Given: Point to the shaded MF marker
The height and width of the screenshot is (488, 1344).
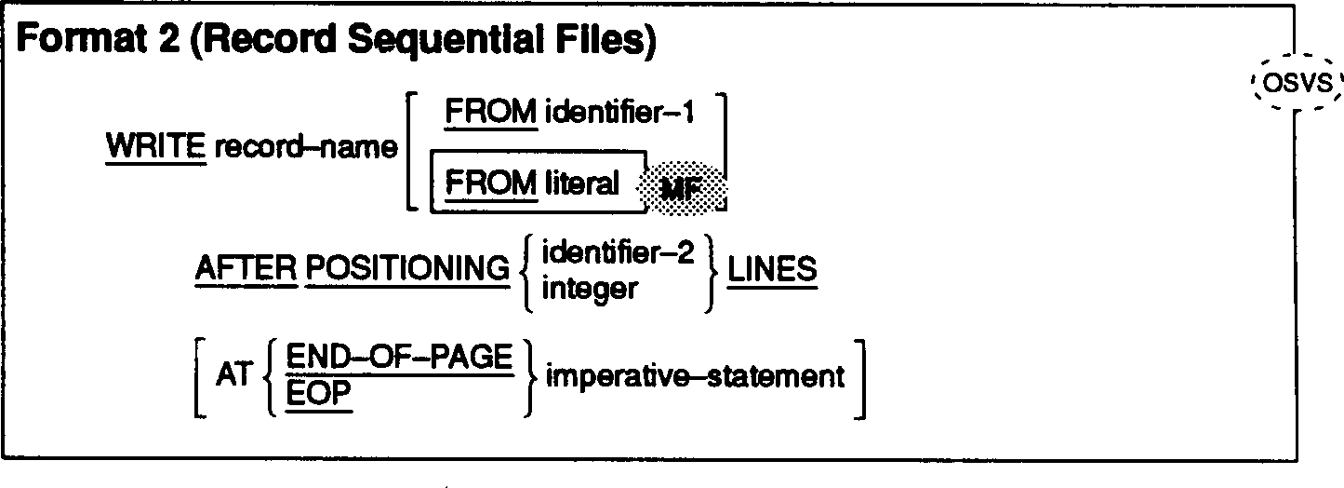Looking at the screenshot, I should pos(682,186).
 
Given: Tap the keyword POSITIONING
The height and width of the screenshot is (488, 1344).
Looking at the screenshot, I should pos(407,270).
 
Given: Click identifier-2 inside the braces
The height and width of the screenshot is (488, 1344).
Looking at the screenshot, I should pos(618,253).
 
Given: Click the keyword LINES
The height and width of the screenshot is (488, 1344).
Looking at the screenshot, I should pos(772,270).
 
